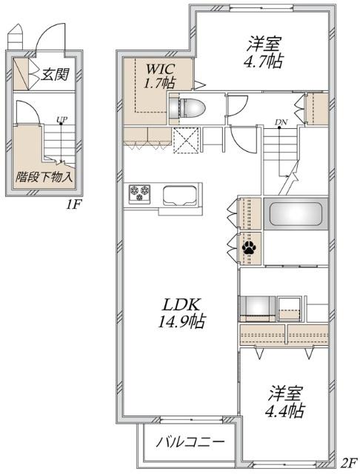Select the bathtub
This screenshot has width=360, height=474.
[x=296, y=215]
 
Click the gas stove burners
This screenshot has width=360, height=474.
[x=139, y=193]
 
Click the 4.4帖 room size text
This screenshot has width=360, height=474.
[x=284, y=409]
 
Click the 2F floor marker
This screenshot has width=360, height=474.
[x=347, y=463]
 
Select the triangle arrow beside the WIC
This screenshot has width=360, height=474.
[x=199, y=83]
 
